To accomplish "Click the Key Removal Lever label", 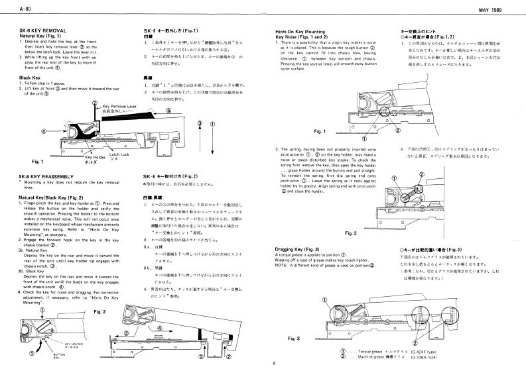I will click(116, 105).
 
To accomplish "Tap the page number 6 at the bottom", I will click(273, 363).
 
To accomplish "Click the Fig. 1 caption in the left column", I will click(37, 161).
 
